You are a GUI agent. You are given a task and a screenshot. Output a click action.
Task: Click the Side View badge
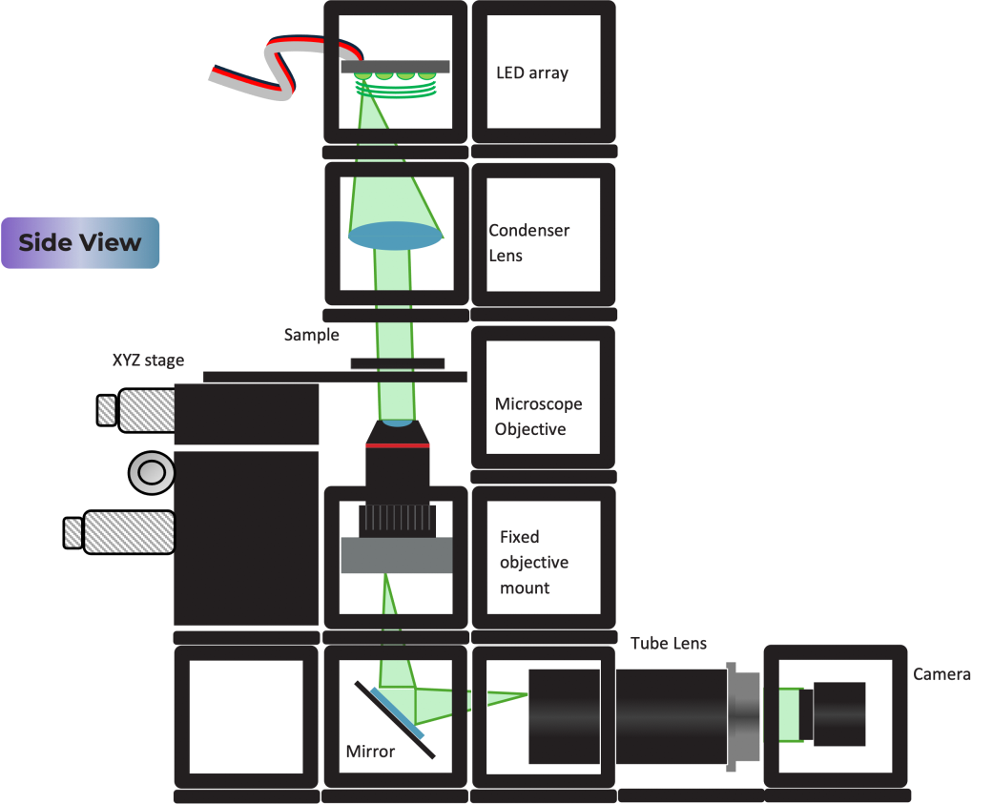80,242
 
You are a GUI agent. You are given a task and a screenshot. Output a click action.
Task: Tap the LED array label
532,72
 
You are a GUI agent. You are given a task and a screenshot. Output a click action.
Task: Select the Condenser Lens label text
529,243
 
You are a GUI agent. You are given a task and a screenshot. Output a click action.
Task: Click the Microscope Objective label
538,417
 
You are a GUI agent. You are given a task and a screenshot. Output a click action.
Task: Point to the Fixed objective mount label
534,563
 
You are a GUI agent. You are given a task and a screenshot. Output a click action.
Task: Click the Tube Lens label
669,643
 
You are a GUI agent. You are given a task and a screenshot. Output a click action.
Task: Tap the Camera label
941,674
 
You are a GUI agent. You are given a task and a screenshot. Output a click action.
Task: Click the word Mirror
370,752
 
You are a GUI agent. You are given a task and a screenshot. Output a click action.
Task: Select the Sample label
311,335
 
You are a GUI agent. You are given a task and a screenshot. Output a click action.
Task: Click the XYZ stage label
148,360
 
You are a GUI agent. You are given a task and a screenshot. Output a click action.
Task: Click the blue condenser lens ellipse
395,236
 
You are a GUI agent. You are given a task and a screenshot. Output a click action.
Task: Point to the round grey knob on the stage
151,472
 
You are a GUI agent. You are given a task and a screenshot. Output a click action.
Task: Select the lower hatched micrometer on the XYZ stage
128,532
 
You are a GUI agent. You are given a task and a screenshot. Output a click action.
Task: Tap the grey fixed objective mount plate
396,555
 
